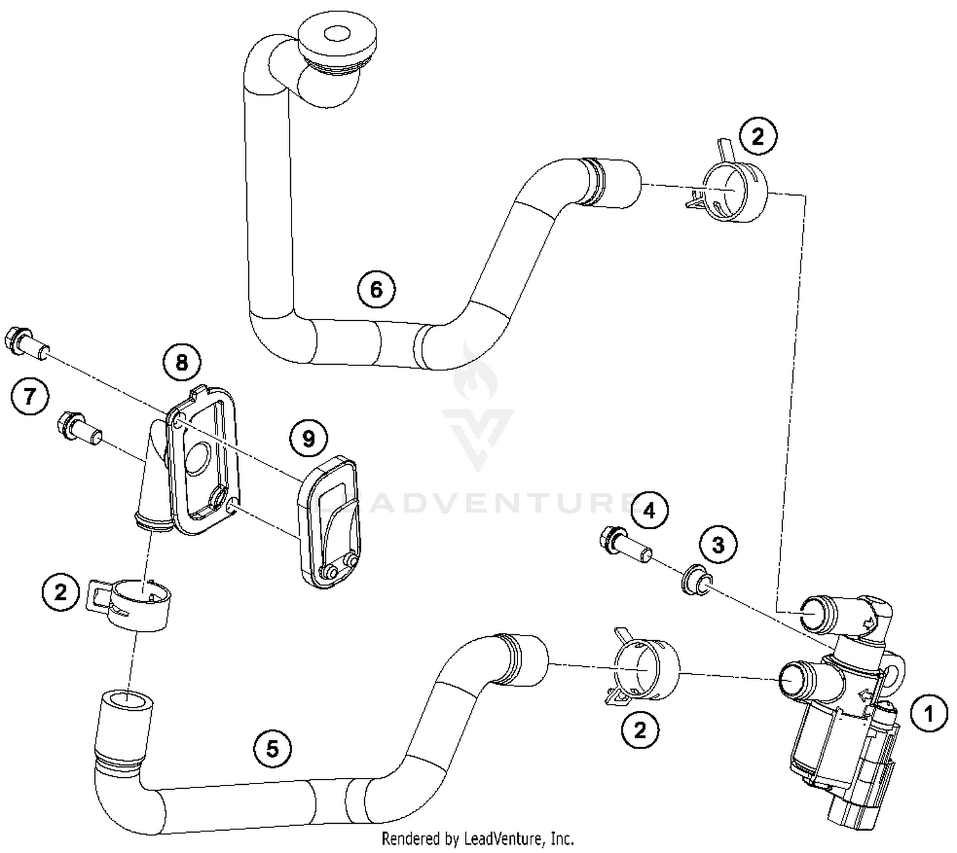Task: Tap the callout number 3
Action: click(x=718, y=545)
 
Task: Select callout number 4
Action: click(x=649, y=511)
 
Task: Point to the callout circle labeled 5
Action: click(x=272, y=748)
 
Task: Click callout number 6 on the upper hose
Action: click(x=376, y=289)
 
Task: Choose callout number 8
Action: click(x=182, y=363)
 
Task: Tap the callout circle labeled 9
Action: click(x=308, y=438)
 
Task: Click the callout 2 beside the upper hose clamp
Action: click(x=757, y=137)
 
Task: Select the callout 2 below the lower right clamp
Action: click(x=640, y=730)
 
